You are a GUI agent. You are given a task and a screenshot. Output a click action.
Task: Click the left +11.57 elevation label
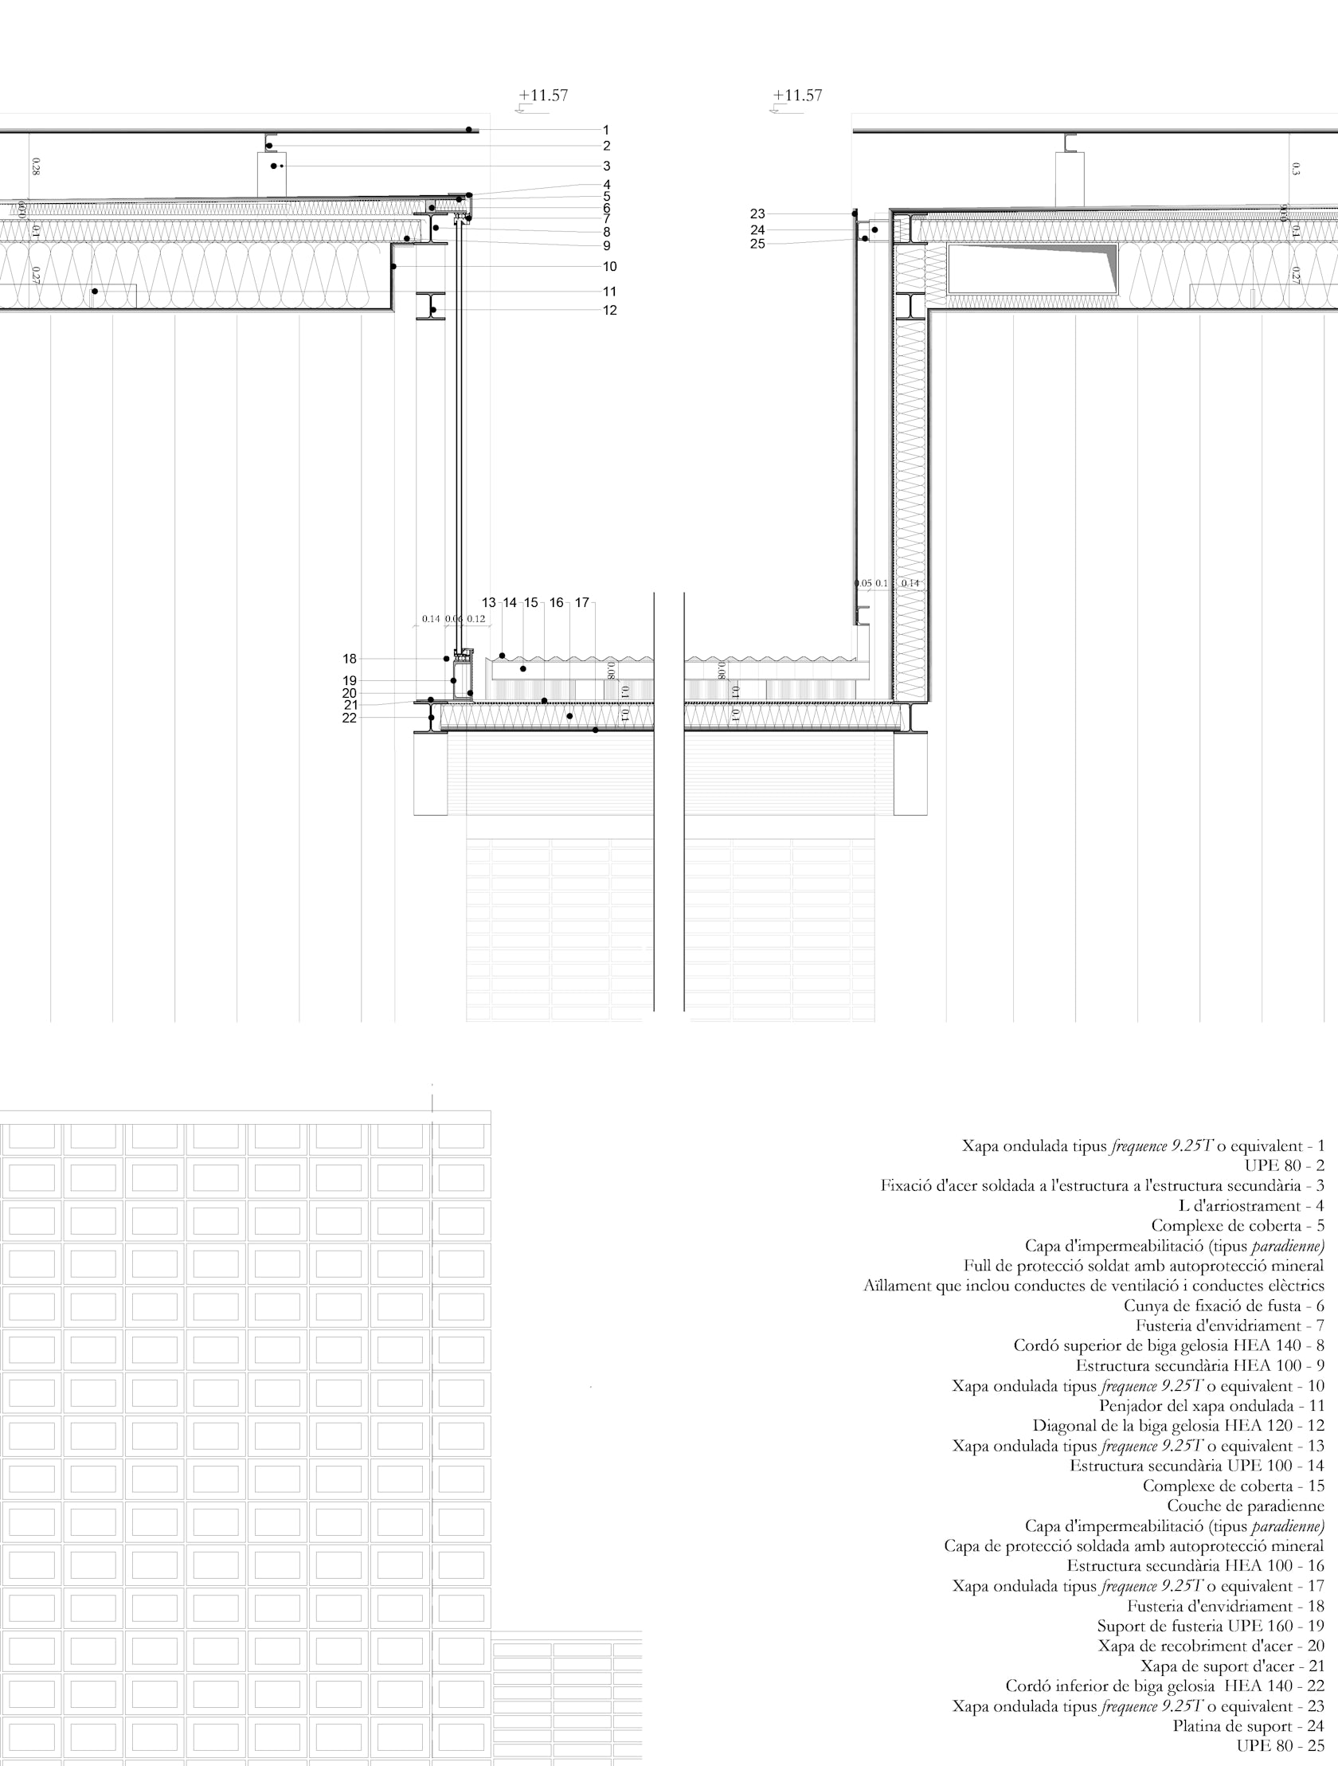[x=543, y=96]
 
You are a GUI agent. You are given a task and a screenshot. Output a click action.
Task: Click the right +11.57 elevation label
[x=796, y=96]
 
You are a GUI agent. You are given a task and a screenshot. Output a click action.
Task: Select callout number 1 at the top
[x=607, y=129]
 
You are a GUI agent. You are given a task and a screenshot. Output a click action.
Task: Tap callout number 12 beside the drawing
[x=609, y=311]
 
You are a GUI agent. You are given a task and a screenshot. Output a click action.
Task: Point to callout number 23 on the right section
[x=757, y=214]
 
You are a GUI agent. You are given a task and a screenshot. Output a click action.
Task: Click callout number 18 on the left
[x=350, y=659]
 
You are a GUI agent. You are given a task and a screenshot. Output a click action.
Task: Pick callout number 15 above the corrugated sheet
[x=531, y=603]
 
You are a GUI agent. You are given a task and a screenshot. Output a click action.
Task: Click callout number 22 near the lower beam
[x=350, y=718]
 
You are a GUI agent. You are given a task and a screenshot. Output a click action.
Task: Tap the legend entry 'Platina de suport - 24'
[x=1248, y=1726]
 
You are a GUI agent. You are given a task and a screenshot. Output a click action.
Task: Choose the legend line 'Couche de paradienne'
[x=1246, y=1506]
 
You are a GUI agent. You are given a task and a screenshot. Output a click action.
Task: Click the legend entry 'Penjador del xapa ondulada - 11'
[x=1211, y=1406]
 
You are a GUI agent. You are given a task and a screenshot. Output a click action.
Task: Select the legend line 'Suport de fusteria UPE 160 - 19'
[x=1211, y=1627]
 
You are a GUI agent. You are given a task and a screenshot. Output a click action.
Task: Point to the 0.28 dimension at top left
[x=36, y=166]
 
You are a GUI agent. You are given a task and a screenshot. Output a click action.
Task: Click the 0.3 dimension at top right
[x=1295, y=168]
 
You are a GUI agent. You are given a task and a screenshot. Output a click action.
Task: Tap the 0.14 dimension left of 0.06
[x=430, y=619]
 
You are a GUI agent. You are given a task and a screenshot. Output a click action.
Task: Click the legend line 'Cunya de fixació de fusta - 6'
[x=1224, y=1306]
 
